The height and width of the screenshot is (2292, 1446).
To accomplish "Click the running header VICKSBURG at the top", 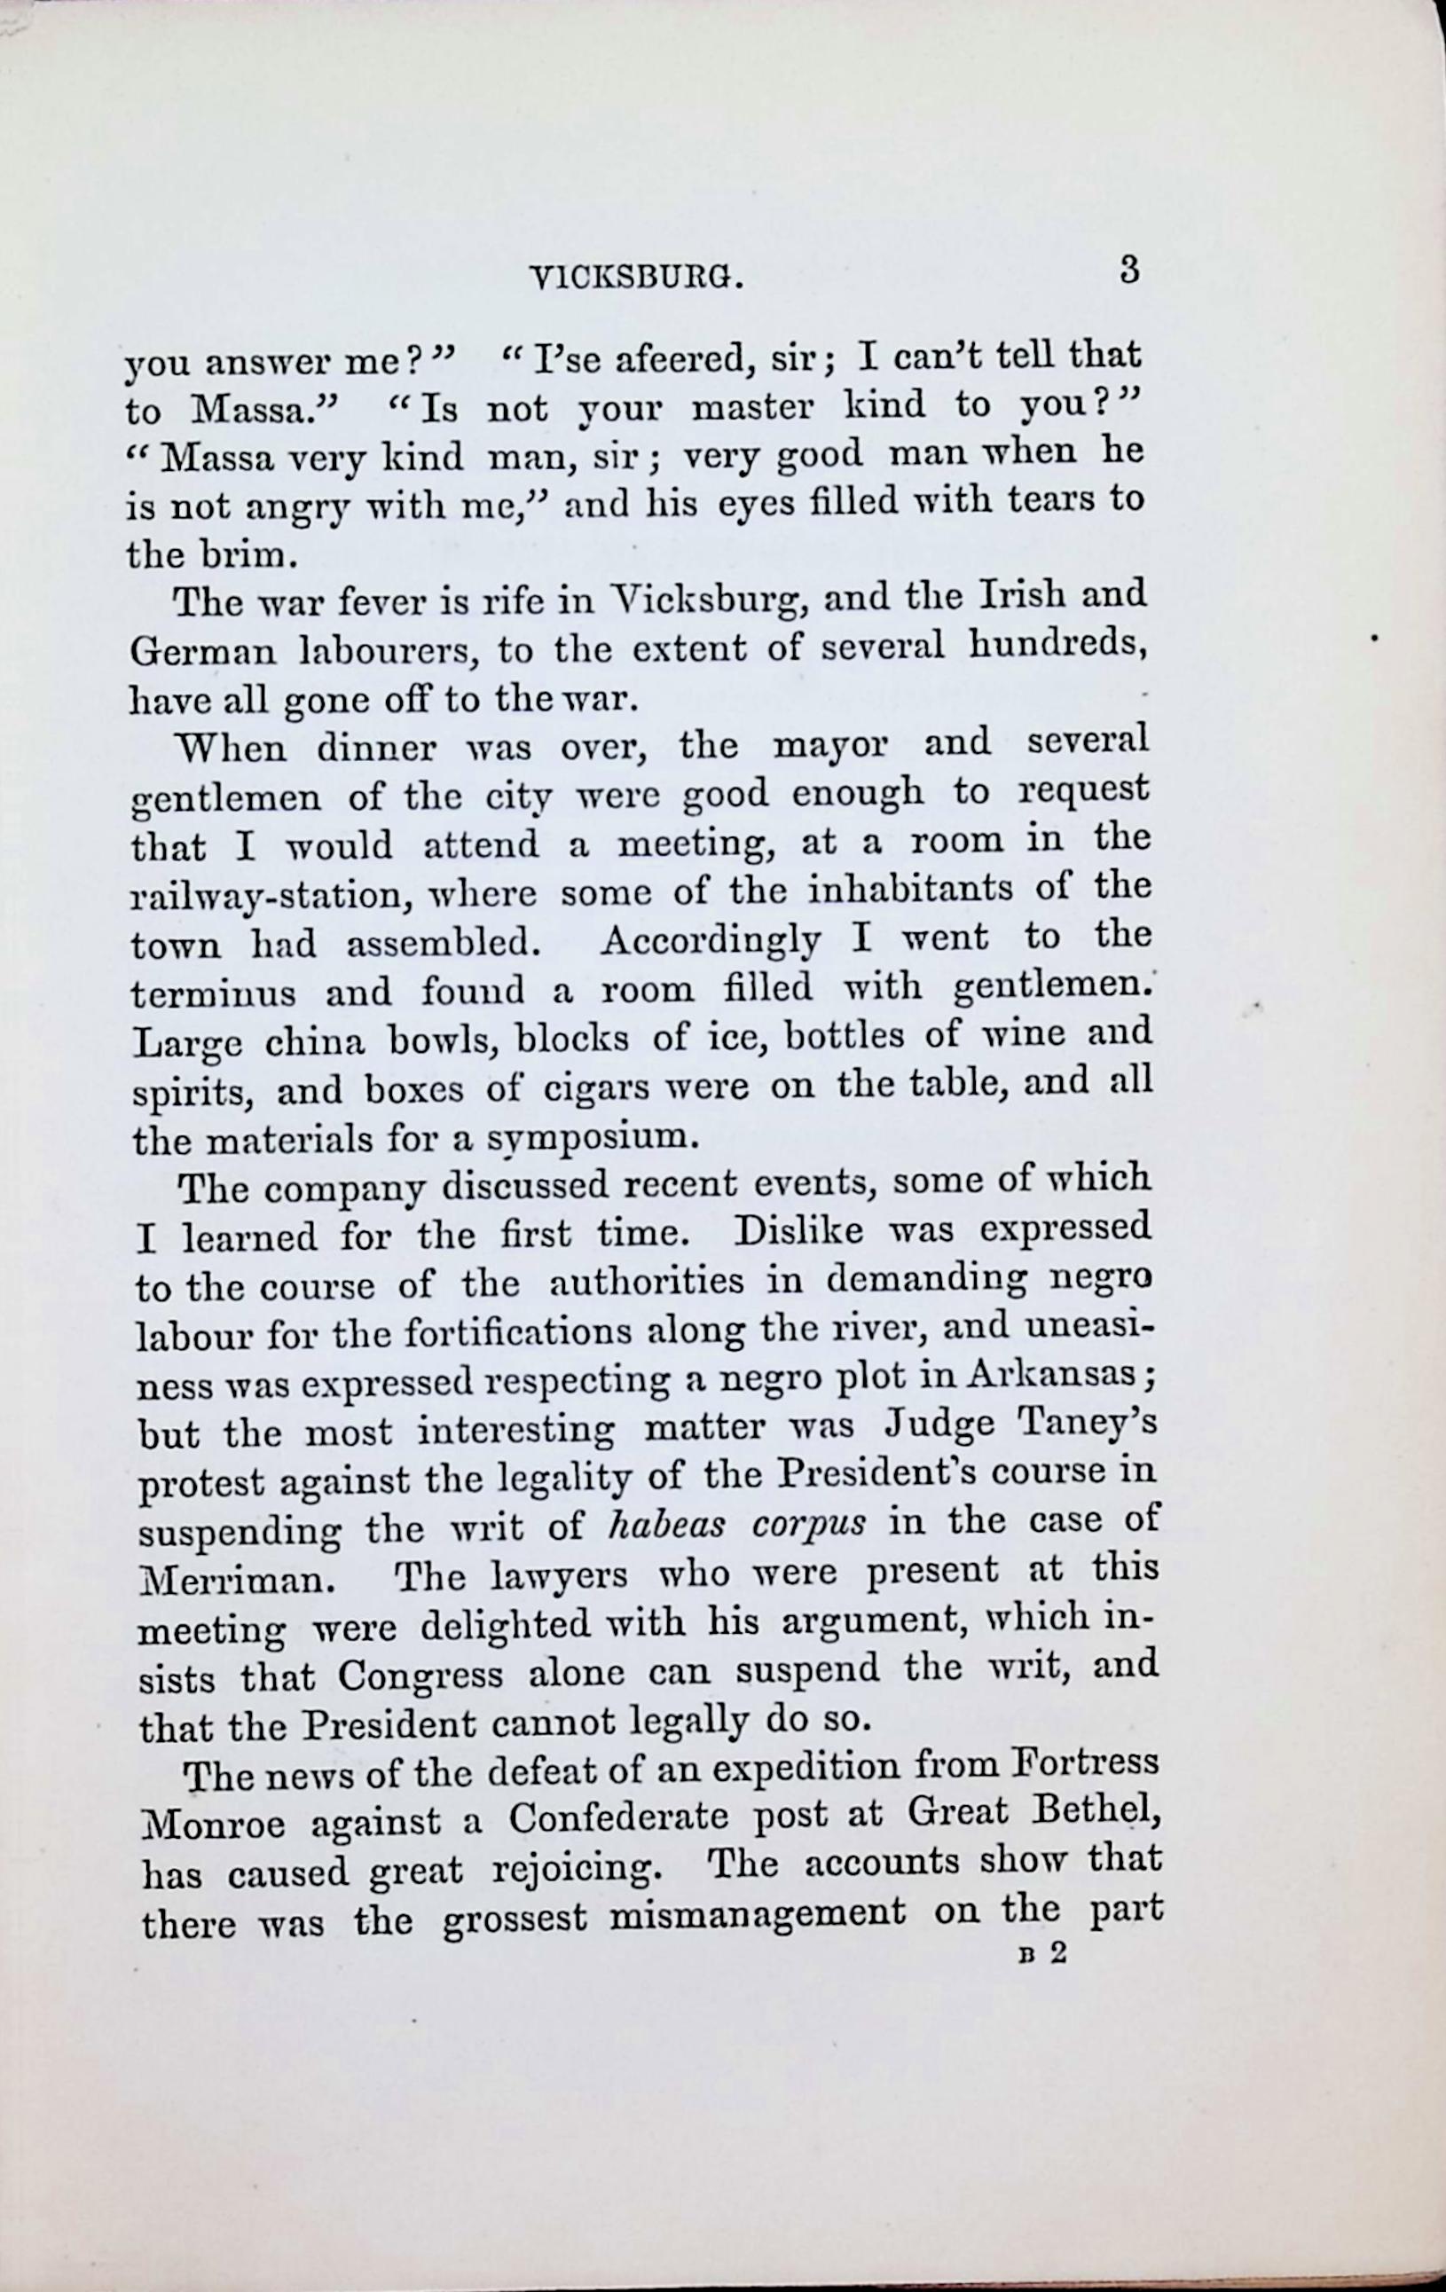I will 636,277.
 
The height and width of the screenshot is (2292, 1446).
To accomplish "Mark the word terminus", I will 213,993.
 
